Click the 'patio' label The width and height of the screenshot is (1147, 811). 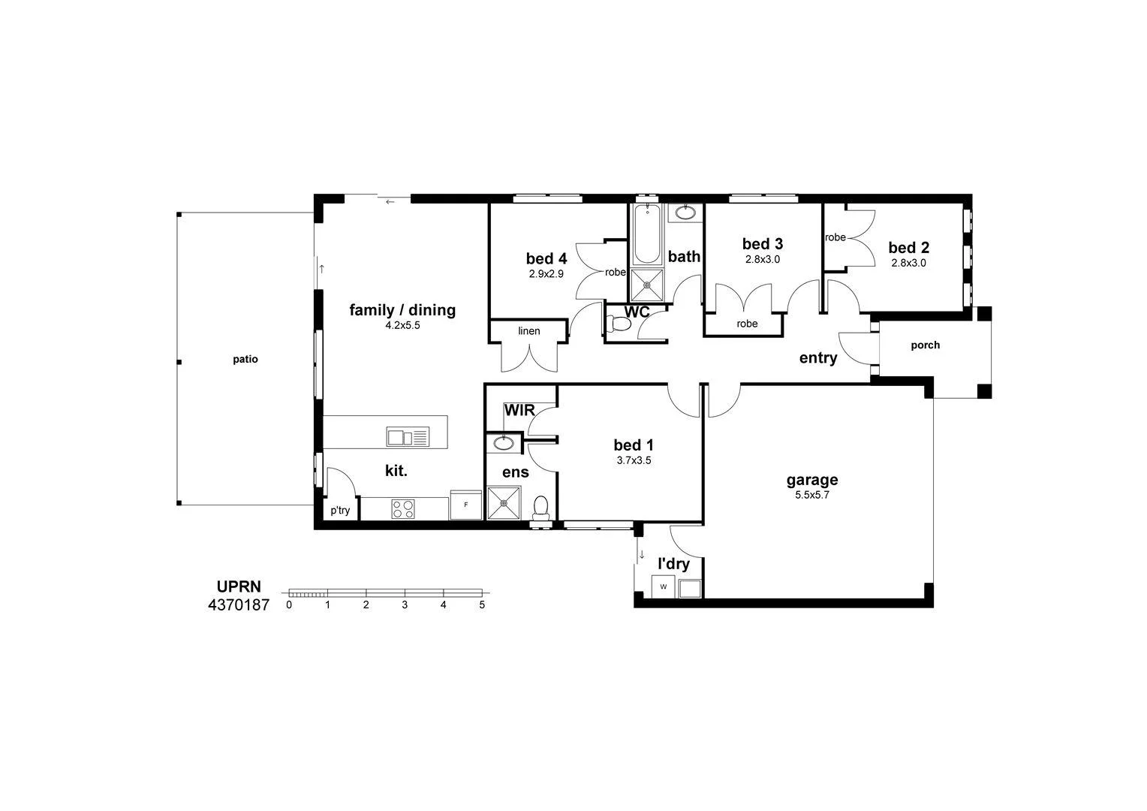click(245, 360)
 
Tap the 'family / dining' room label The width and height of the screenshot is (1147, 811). click(402, 310)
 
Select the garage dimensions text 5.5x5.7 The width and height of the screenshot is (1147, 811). click(811, 495)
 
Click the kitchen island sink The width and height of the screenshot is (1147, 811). click(407, 436)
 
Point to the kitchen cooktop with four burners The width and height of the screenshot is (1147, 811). click(402, 508)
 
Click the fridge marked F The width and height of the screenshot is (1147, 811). click(465, 505)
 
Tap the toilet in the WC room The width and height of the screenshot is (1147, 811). click(619, 324)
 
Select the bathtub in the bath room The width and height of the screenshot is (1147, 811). click(647, 233)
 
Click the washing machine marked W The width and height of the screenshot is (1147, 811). click(664, 586)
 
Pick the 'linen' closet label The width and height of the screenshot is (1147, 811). click(528, 331)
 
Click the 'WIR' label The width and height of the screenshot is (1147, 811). click(519, 411)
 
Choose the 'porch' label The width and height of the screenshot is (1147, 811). click(925, 345)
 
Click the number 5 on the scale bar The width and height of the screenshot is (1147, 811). click(482, 604)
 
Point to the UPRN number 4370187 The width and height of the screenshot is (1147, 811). click(238, 604)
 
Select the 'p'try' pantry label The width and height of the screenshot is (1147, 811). click(340, 511)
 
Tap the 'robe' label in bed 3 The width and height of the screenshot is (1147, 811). click(747, 324)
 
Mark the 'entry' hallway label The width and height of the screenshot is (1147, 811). click(817, 358)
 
